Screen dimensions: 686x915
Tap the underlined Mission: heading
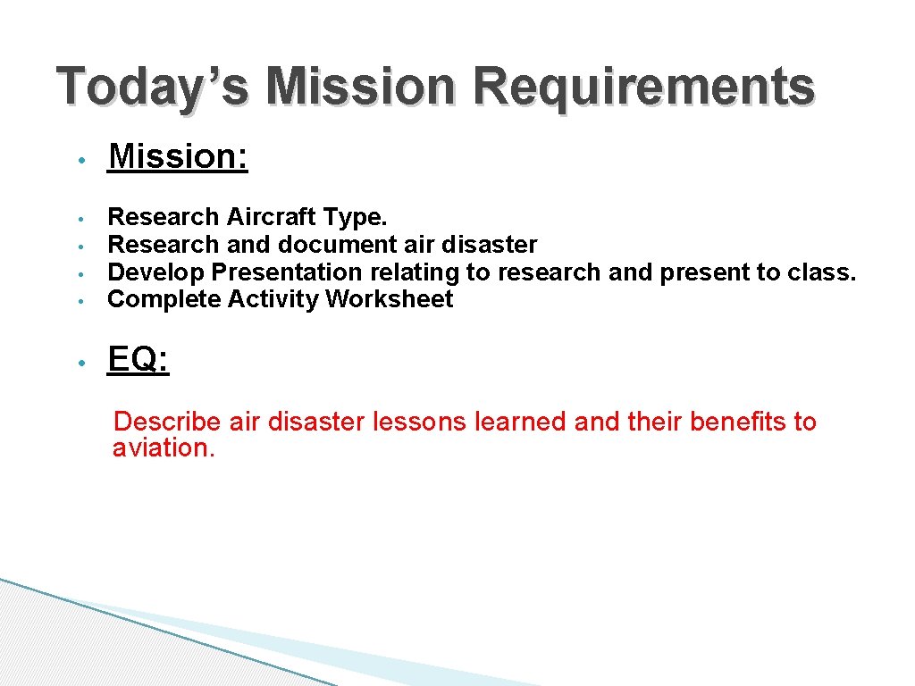point(178,156)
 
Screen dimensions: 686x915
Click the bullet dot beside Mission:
point(80,160)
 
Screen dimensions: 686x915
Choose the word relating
point(406,272)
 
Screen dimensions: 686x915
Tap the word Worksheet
point(389,299)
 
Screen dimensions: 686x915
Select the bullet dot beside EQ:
point(80,364)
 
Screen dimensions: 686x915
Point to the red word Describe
point(167,422)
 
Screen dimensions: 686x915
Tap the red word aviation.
point(164,448)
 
